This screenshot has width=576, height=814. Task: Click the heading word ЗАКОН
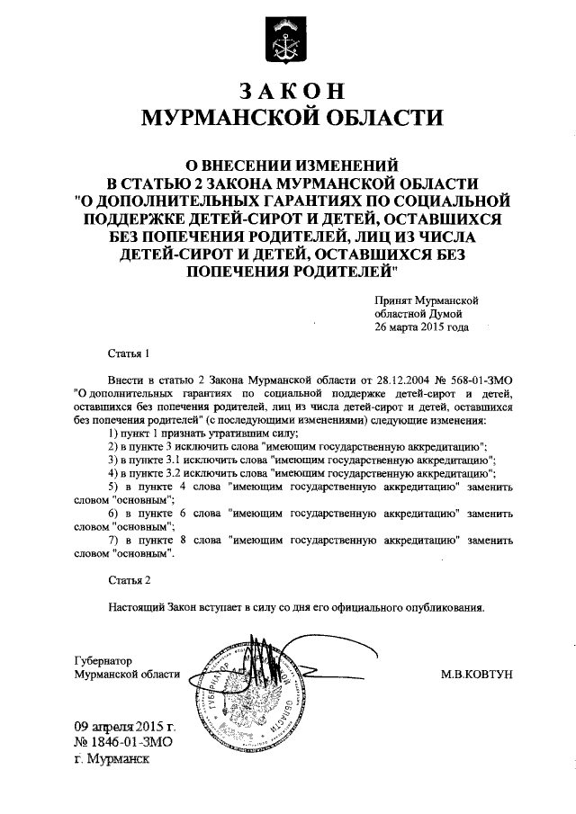pos(288,91)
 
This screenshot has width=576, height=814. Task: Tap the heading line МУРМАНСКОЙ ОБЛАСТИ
pos(288,117)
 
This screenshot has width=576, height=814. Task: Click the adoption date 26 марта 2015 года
pos(421,327)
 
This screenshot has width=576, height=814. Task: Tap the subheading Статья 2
pos(129,581)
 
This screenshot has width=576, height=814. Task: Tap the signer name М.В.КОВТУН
pos(476,674)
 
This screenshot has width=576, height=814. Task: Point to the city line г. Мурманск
pos(113,757)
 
